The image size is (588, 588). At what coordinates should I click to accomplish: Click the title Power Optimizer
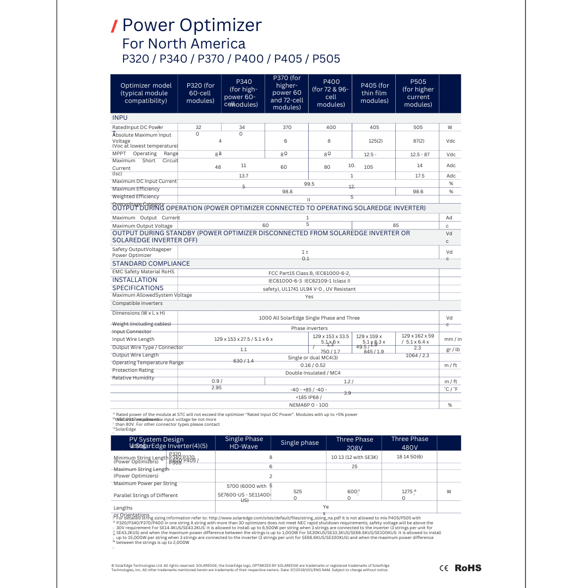point(192,25)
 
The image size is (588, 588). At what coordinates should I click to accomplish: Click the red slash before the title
point(114,26)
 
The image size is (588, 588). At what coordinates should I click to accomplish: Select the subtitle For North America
point(183,44)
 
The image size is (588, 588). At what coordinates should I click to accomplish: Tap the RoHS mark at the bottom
point(468,568)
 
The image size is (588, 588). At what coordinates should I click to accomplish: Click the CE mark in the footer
point(444,568)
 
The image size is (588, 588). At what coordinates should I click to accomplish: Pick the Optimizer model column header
point(146,93)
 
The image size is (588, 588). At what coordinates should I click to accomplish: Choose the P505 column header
point(418,93)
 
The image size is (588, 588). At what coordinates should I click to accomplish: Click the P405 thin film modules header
point(375,93)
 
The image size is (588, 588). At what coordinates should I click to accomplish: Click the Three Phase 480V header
point(409,443)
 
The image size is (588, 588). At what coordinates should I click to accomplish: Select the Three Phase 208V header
point(354,443)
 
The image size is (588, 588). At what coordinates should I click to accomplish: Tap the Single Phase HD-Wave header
point(244,443)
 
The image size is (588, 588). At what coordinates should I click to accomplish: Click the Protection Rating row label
point(133,370)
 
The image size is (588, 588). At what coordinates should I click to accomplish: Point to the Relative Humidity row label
point(133,378)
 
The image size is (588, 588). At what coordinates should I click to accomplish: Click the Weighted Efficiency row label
point(136,197)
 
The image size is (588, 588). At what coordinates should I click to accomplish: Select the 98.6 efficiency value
point(418,192)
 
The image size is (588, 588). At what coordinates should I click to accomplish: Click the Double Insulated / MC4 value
point(313,373)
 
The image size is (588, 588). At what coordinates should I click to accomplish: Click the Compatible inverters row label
point(137,303)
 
